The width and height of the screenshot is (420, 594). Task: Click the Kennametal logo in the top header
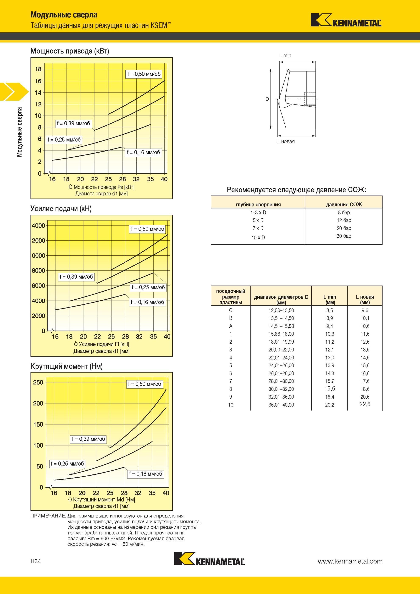click(x=346, y=20)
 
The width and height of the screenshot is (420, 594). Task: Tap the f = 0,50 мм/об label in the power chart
click(x=144, y=74)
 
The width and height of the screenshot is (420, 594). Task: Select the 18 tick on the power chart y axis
click(x=38, y=69)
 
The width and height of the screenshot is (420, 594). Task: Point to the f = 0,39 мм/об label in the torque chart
click(x=89, y=439)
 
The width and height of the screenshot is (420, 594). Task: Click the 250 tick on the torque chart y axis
click(x=38, y=382)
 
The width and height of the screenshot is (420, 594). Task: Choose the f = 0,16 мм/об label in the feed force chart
click(x=147, y=302)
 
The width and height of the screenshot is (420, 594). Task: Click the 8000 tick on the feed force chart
click(x=38, y=271)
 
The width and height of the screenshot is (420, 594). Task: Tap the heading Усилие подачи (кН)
click(x=61, y=208)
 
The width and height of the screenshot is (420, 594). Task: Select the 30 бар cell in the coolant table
click(x=344, y=236)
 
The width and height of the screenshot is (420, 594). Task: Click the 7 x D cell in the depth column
click(x=258, y=228)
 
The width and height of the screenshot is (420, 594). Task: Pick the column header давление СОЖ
click(x=344, y=205)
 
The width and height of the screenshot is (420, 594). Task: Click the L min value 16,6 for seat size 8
click(x=330, y=388)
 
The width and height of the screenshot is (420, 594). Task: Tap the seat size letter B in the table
click(x=231, y=318)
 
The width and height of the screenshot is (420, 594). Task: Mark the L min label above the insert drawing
click(x=285, y=55)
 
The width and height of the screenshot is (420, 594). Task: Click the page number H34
click(x=36, y=561)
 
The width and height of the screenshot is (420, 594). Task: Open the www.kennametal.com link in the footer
click(x=350, y=561)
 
